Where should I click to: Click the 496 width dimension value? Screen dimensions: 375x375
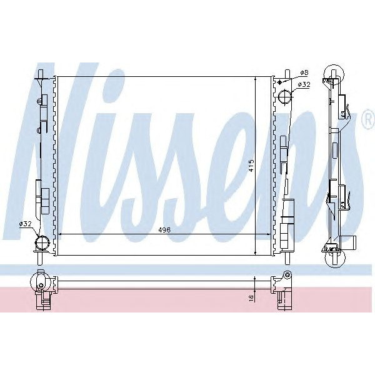(x=164, y=229)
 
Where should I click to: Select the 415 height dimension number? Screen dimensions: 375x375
(x=251, y=165)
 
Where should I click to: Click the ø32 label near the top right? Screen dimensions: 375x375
(x=304, y=85)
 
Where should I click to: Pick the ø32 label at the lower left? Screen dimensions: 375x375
(x=26, y=224)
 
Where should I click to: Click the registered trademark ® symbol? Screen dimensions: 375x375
(x=367, y=119)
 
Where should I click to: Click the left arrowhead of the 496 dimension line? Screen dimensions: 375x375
(x=60, y=235)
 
